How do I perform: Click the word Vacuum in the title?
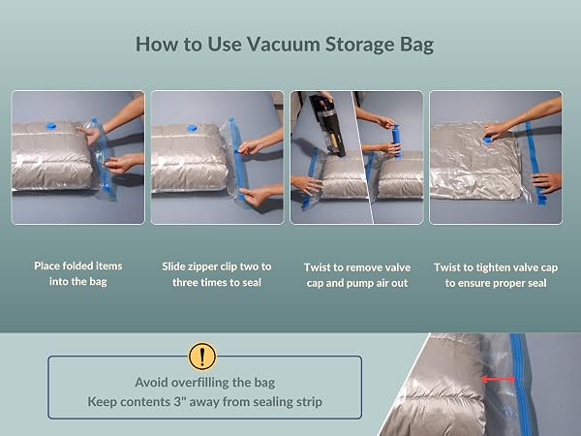(x=283, y=45)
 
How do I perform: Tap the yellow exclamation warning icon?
(x=202, y=357)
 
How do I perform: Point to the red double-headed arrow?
(x=498, y=379)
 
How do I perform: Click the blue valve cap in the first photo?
(x=51, y=126)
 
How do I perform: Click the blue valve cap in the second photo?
(x=192, y=128)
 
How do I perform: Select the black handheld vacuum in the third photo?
(x=327, y=125)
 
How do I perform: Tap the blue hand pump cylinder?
(x=396, y=140)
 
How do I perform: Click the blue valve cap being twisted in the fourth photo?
(x=488, y=140)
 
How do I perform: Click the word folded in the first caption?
(x=79, y=265)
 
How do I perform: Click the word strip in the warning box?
(x=309, y=402)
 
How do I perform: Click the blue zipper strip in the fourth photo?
(x=535, y=163)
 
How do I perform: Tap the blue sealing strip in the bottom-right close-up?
(x=520, y=384)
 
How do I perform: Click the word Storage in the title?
(x=359, y=46)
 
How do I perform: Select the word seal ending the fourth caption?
(x=536, y=283)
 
